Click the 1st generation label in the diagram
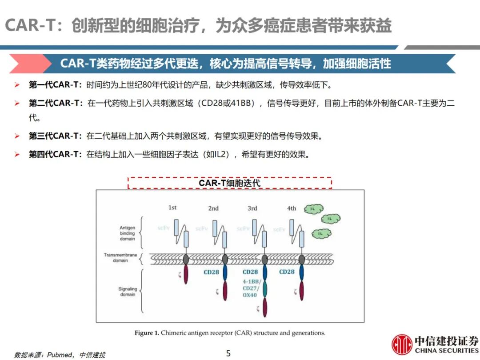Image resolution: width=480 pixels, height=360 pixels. (172, 208)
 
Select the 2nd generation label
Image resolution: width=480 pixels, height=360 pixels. (213, 208)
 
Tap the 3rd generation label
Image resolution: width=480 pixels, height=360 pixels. (252, 208)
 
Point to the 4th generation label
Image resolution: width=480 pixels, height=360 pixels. (292, 208)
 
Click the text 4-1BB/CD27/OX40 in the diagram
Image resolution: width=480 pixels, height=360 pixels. (250, 288)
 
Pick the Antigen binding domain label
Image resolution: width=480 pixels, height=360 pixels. (127, 233)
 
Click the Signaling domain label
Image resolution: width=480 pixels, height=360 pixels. (128, 292)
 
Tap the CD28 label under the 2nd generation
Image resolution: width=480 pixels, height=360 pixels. (211, 272)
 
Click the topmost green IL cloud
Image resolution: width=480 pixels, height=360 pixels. (314, 208)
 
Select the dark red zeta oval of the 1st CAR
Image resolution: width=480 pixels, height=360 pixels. (186, 274)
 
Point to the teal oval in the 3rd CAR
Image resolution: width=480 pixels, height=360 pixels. (265, 288)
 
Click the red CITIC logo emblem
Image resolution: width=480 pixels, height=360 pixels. (402, 344)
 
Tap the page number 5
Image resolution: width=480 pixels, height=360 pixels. (228, 354)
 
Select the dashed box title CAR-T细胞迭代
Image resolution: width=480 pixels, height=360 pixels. (229, 183)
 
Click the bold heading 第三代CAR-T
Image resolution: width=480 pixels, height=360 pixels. (55, 136)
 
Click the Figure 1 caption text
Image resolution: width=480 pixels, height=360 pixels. (230, 332)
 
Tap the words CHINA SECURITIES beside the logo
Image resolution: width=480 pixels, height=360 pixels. (447, 351)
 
